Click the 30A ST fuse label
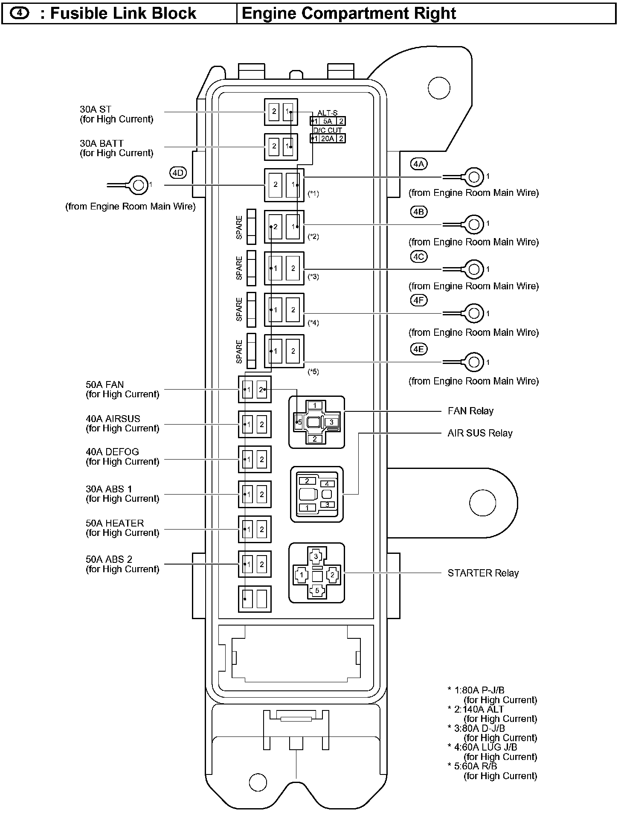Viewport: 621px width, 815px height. point(96,110)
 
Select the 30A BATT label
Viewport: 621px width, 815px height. point(102,144)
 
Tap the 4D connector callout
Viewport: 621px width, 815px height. point(178,173)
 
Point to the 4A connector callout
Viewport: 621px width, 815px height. point(418,164)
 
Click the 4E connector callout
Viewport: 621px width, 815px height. point(418,349)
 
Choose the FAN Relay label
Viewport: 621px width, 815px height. point(470,411)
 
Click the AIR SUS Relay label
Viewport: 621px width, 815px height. point(480,433)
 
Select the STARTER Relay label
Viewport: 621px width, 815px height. point(483,573)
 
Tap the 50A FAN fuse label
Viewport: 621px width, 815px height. point(105,385)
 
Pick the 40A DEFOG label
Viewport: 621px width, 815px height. point(113,452)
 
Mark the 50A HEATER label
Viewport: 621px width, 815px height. point(115,523)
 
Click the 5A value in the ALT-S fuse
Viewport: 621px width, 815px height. point(328,121)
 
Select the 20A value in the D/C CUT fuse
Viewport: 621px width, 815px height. point(328,138)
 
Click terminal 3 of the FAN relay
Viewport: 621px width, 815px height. point(331,422)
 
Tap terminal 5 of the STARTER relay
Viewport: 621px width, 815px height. point(317,591)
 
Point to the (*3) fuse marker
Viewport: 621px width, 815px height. point(313,277)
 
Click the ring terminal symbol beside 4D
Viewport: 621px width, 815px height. point(138,185)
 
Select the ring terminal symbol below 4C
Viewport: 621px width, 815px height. point(473,269)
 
